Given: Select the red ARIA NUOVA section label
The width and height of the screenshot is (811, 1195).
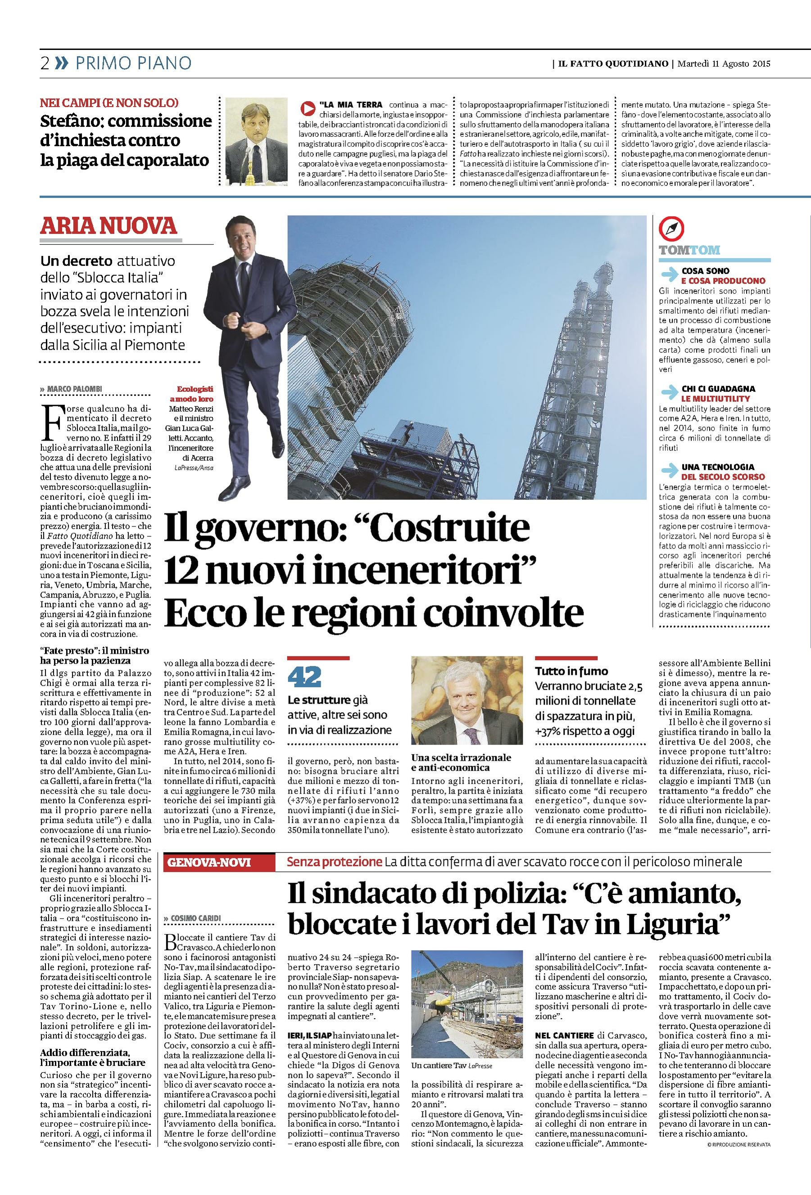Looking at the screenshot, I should point(109,226).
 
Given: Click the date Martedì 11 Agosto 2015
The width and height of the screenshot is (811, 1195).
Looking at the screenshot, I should point(724,64).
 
